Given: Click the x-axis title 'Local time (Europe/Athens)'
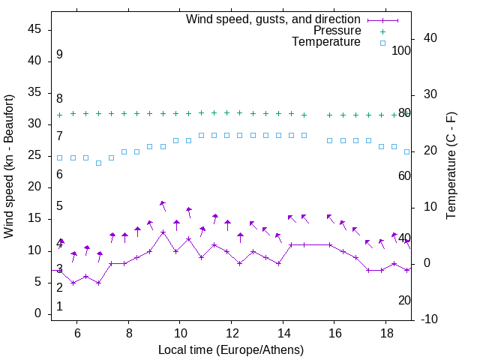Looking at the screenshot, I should (x=231, y=350).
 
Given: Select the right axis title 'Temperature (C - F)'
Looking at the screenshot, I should (x=451, y=166).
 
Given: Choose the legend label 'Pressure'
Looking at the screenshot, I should (x=337, y=31).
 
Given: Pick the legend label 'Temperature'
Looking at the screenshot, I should (x=326, y=42).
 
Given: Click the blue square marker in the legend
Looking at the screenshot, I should (x=382, y=43).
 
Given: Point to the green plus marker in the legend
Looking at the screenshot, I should (x=382, y=31).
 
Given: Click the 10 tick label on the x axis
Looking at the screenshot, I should (x=180, y=333).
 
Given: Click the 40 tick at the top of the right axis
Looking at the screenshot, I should (x=430, y=38).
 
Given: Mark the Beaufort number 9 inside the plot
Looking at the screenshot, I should (x=59, y=55).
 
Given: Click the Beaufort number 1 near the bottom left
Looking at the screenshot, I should (x=59, y=307).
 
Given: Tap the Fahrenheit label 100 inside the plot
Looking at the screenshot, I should (x=401, y=50).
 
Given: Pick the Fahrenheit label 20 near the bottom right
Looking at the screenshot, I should (x=404, y=300).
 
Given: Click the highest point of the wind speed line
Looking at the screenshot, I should (x=163, y=232).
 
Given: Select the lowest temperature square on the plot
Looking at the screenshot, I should (x=98, y=163).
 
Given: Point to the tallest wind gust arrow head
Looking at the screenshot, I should (x=161, y=202).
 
